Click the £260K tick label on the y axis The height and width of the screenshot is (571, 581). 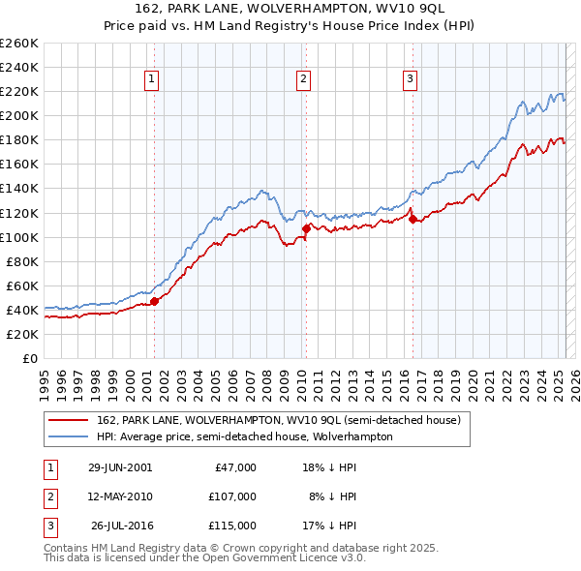pyautogui.click(x=19, y=44)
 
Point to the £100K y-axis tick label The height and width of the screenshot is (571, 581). pyautogui.click(x=19, y=237)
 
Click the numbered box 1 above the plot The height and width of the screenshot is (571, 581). pyautogui.click(x=153, y=80)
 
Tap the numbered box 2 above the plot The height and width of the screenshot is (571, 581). pyautogui.click(x=304, y=80)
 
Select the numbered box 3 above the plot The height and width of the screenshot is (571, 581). pyautogui.click(x=411, y=80)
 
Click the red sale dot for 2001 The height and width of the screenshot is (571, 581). pyautogui.click(x=155, y=301)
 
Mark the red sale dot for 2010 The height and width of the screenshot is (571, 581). pyautogui.click(x=306, y=228)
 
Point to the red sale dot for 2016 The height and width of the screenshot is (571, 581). pyautogui.click(x=413, y=219)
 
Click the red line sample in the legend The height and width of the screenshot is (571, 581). pyautogui.click(x=69, y=419)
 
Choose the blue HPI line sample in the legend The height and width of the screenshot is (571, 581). pyautogui.click(x=69, y=436)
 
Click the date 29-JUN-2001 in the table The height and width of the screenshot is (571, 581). pyautogui.click(x=120, y=467)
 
